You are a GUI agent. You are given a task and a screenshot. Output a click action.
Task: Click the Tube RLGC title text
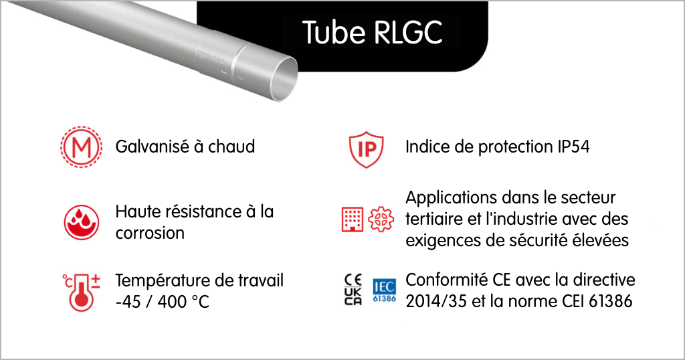(x=372, y=32)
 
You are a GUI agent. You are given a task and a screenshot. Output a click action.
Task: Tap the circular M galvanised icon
(x=81, y=147)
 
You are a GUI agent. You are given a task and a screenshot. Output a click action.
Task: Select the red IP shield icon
(x=366, y=149)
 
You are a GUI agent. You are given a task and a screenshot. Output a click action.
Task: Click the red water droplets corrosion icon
(x=82, y=222)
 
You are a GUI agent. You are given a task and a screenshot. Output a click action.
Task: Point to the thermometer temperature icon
(x=81, y=292)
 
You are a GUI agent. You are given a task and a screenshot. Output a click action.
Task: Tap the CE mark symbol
(x=353, y=280)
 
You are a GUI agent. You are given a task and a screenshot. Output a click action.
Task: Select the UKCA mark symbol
(x=353, y=296)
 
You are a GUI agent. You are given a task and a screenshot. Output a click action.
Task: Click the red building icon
(x=352, y=219)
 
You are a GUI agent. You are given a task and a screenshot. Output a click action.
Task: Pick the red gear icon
(x=381, y=219)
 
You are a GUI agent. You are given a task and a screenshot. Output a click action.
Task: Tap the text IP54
(x=573, y=147)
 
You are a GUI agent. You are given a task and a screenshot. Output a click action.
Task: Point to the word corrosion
(x=150, y=233)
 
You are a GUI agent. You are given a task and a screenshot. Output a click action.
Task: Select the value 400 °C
(x=183, y=302)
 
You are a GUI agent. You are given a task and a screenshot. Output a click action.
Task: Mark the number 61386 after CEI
(x=610, y=301)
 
